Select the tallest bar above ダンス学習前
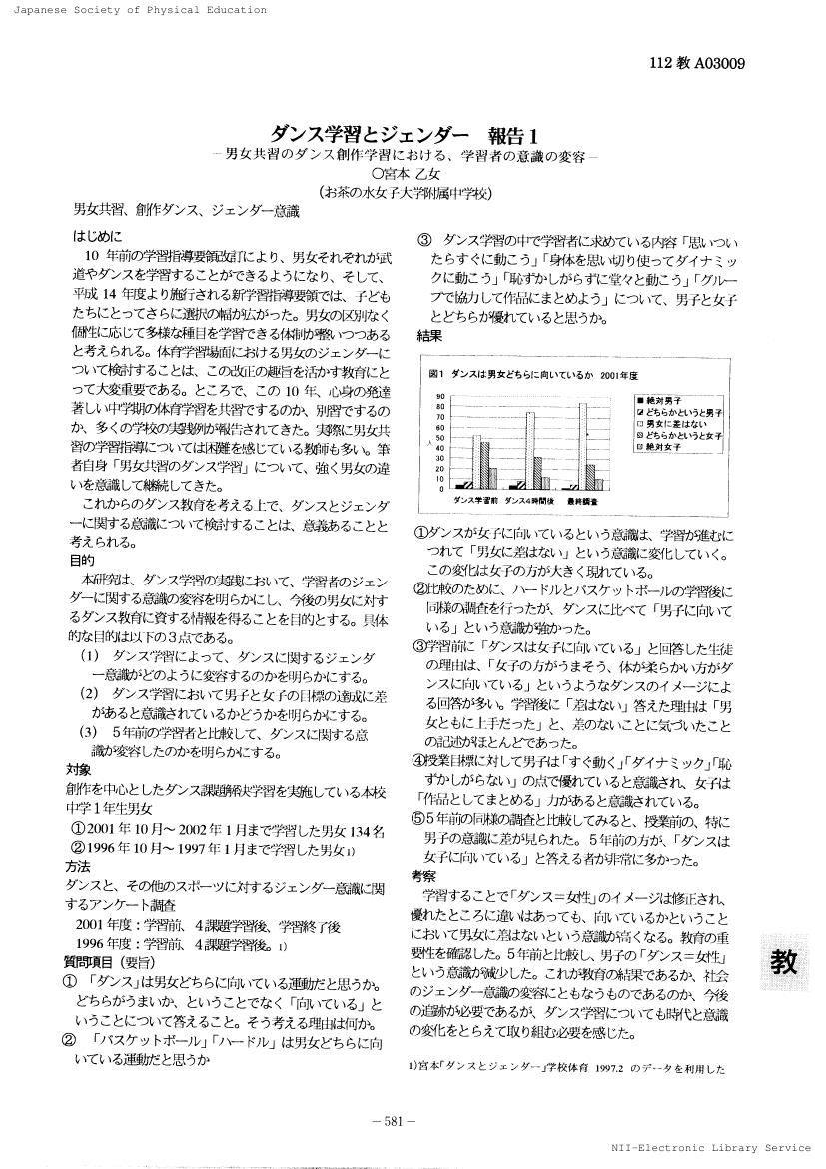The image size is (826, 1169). tap(478, 461)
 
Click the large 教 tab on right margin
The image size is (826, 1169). tap(785, 962)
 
